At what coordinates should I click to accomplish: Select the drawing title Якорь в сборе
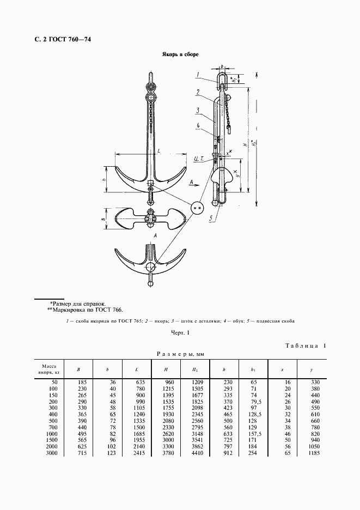point(180,55)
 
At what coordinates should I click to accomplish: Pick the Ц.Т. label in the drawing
point(198,159)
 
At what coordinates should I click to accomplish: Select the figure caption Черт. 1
point(180,332)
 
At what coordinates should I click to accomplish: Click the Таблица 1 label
point(305,345)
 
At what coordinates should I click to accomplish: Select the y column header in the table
point(311,370)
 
